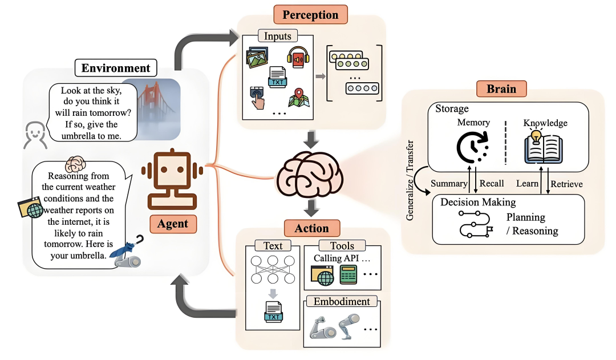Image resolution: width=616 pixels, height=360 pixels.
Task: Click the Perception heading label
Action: (310, 14)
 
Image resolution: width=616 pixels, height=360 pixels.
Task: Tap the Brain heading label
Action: (501, 89)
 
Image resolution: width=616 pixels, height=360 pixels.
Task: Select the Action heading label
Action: (311, 228)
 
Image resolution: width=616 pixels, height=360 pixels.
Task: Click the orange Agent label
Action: (172, 224)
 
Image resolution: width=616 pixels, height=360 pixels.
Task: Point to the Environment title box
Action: (116, 68)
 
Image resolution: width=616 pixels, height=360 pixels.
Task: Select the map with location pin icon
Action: (298, 98)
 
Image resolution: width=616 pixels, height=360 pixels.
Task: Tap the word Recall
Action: (492, 183)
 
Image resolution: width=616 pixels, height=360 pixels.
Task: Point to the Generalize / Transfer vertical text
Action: (410, 180)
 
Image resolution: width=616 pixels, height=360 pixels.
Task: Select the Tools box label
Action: (342, 246)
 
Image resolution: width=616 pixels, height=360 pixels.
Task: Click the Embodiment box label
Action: (341, 301)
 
